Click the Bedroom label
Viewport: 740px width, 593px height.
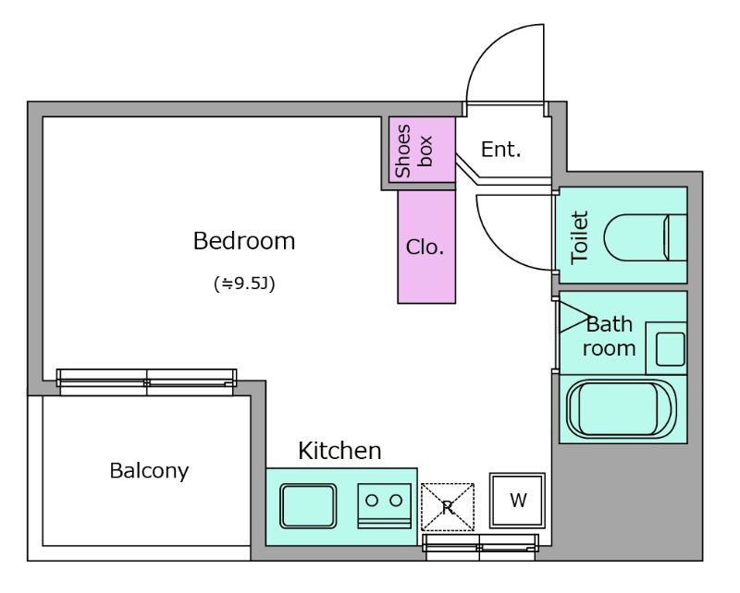click(244, 240)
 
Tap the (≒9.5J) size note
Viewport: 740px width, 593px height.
click(244, 284)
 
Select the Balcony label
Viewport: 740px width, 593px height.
click(149, 471)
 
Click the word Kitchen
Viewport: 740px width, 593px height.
click(339, 451)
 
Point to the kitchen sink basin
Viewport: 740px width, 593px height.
click(308, 506)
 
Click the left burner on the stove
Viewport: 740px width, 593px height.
click(372, 500)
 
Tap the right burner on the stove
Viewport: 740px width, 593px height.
click(397, 500)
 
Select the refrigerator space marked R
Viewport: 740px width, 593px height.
click(448, 507)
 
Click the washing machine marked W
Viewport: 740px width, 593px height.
click(517, 500)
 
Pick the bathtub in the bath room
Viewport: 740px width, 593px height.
click(622, 408)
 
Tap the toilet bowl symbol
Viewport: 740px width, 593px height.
click(645, 237)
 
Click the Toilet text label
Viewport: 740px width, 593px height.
click(580, 237)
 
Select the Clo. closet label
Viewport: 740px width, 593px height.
click(425, 247)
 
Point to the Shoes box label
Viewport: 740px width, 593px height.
click(413, 151)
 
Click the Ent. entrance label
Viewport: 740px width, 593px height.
click(500, 150)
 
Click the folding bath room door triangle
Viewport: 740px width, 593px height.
click(574, 317)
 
